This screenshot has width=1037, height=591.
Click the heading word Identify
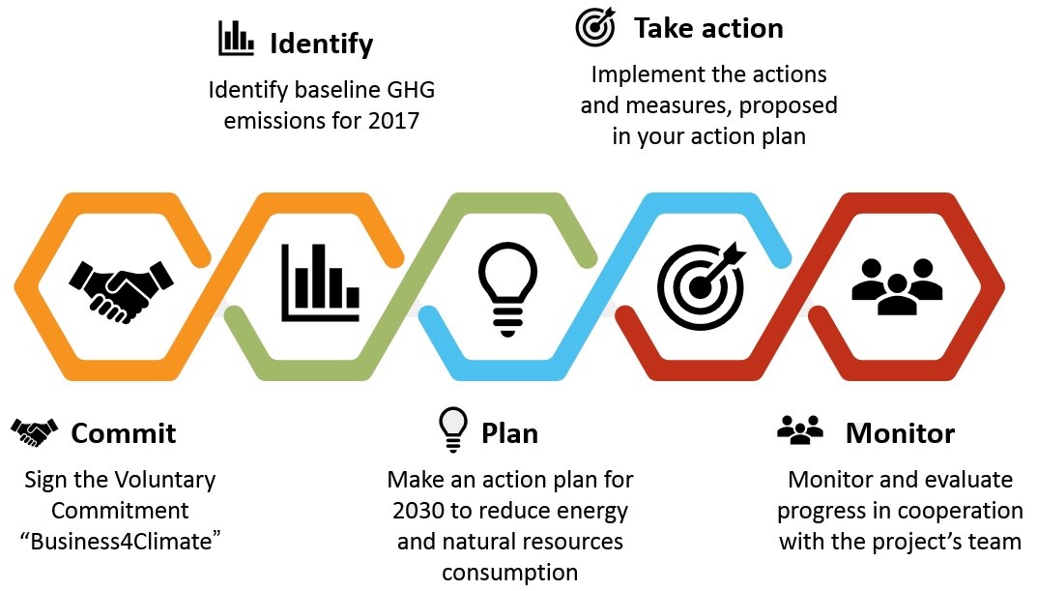(x=322, y=44)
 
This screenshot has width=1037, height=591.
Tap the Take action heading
(x=708, y=28)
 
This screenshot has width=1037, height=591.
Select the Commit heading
(x=124, y=433)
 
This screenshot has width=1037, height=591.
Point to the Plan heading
(x=509, y=433)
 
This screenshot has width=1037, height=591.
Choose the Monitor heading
(x=900, y=433)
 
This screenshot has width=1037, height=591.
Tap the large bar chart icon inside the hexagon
(x=320, y=282)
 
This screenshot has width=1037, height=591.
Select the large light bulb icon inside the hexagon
(x=507, y=288)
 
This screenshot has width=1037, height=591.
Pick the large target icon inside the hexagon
(x=701, y=286)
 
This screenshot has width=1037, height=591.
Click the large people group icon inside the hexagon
(x=897, y=286)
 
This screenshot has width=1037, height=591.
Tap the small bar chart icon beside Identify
(x=236, y=38)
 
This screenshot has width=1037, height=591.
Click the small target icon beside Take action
(x=595, y=26)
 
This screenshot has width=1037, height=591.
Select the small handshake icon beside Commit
(x=35, y=432)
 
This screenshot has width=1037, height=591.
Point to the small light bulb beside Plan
(x=453, y=429)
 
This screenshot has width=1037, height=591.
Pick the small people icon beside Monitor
(x=800, y=429)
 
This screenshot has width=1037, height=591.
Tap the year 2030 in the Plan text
(x=418, y=511)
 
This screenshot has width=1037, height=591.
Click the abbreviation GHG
(x=411, y=90)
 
